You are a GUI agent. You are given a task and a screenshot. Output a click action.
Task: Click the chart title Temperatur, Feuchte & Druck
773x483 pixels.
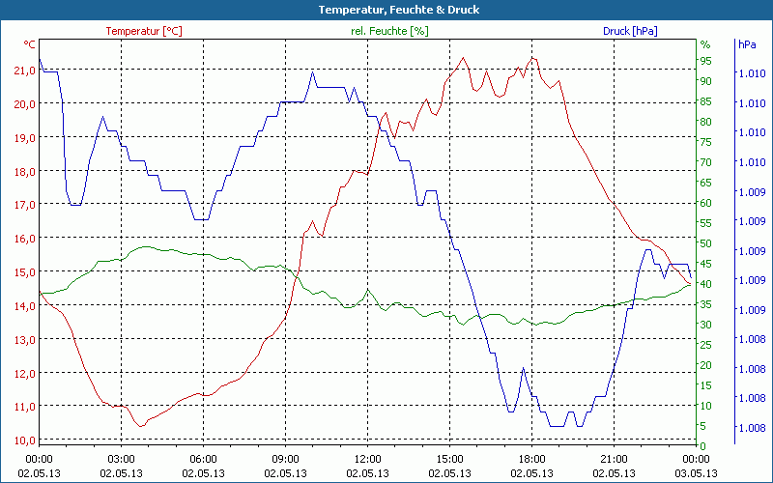(x=386, y=10)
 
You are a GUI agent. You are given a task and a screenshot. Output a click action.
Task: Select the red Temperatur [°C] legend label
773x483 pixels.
(x=144, y=31)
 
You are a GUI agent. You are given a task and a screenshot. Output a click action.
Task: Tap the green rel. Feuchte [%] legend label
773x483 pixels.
(x=389, y=31)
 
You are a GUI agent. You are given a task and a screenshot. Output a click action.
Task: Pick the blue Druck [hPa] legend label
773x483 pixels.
(x=630, y=31)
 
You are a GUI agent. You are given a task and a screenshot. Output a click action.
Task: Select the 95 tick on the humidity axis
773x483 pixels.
(x=705, y=61)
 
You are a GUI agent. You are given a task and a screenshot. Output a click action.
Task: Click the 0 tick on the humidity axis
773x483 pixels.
(x=702, y=446)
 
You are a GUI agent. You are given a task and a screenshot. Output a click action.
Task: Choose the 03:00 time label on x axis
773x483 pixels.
(x=122, y=459)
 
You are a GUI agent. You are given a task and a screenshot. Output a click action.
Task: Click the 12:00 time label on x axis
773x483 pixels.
(x=368, y=459)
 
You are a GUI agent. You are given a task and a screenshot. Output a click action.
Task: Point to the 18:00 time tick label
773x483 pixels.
(x=532, y=459)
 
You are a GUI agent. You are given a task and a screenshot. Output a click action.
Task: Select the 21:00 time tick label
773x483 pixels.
(x=615, y=459)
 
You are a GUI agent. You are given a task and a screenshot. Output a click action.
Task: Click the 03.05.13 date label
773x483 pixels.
(x=697, y=472)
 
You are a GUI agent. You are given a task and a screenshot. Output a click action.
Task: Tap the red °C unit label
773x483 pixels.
(x=30, y=44)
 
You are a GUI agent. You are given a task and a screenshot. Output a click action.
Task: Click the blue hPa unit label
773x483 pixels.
(x=747, y=44)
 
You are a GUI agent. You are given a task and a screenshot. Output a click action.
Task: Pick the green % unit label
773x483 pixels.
(x=705, y=44)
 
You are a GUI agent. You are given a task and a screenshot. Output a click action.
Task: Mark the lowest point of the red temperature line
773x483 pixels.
(x=141, y=426)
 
